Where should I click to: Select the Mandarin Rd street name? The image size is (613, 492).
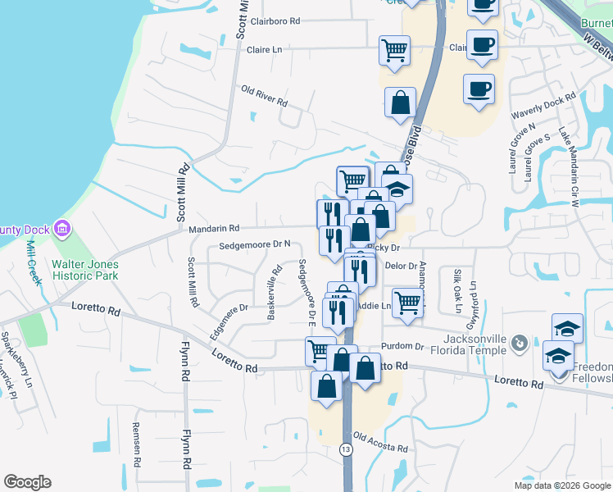pos(213,228)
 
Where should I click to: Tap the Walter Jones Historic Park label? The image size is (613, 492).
pos(84,270)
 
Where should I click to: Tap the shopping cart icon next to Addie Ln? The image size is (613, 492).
pos(407,302)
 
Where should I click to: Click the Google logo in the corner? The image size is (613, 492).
pos(27,482)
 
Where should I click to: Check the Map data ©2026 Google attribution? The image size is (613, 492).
pos(561,485)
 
